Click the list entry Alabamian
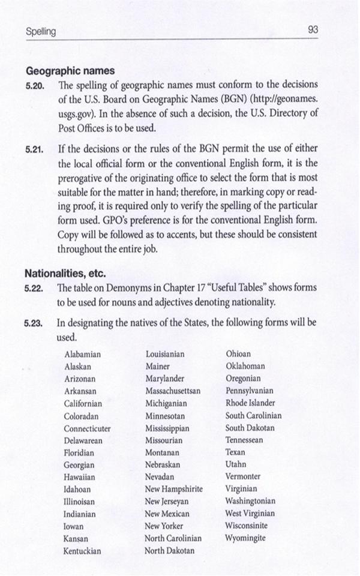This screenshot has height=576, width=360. click(x=82, y=355)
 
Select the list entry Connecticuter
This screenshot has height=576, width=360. click(x=87, y=429)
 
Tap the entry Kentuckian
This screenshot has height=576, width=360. click(x=82, y=551)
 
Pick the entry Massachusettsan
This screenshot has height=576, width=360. click(x=173, y=391)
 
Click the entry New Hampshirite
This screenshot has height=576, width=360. click(x=174, y=489)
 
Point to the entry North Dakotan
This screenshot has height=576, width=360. click(x=170, y=551)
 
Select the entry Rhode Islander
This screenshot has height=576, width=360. click(x=250, y=403)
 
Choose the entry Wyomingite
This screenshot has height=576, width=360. click(x=245, y=538)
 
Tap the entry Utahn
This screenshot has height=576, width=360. click(x=236, y=464)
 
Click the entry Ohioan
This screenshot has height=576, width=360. click(x=238, y=355)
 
